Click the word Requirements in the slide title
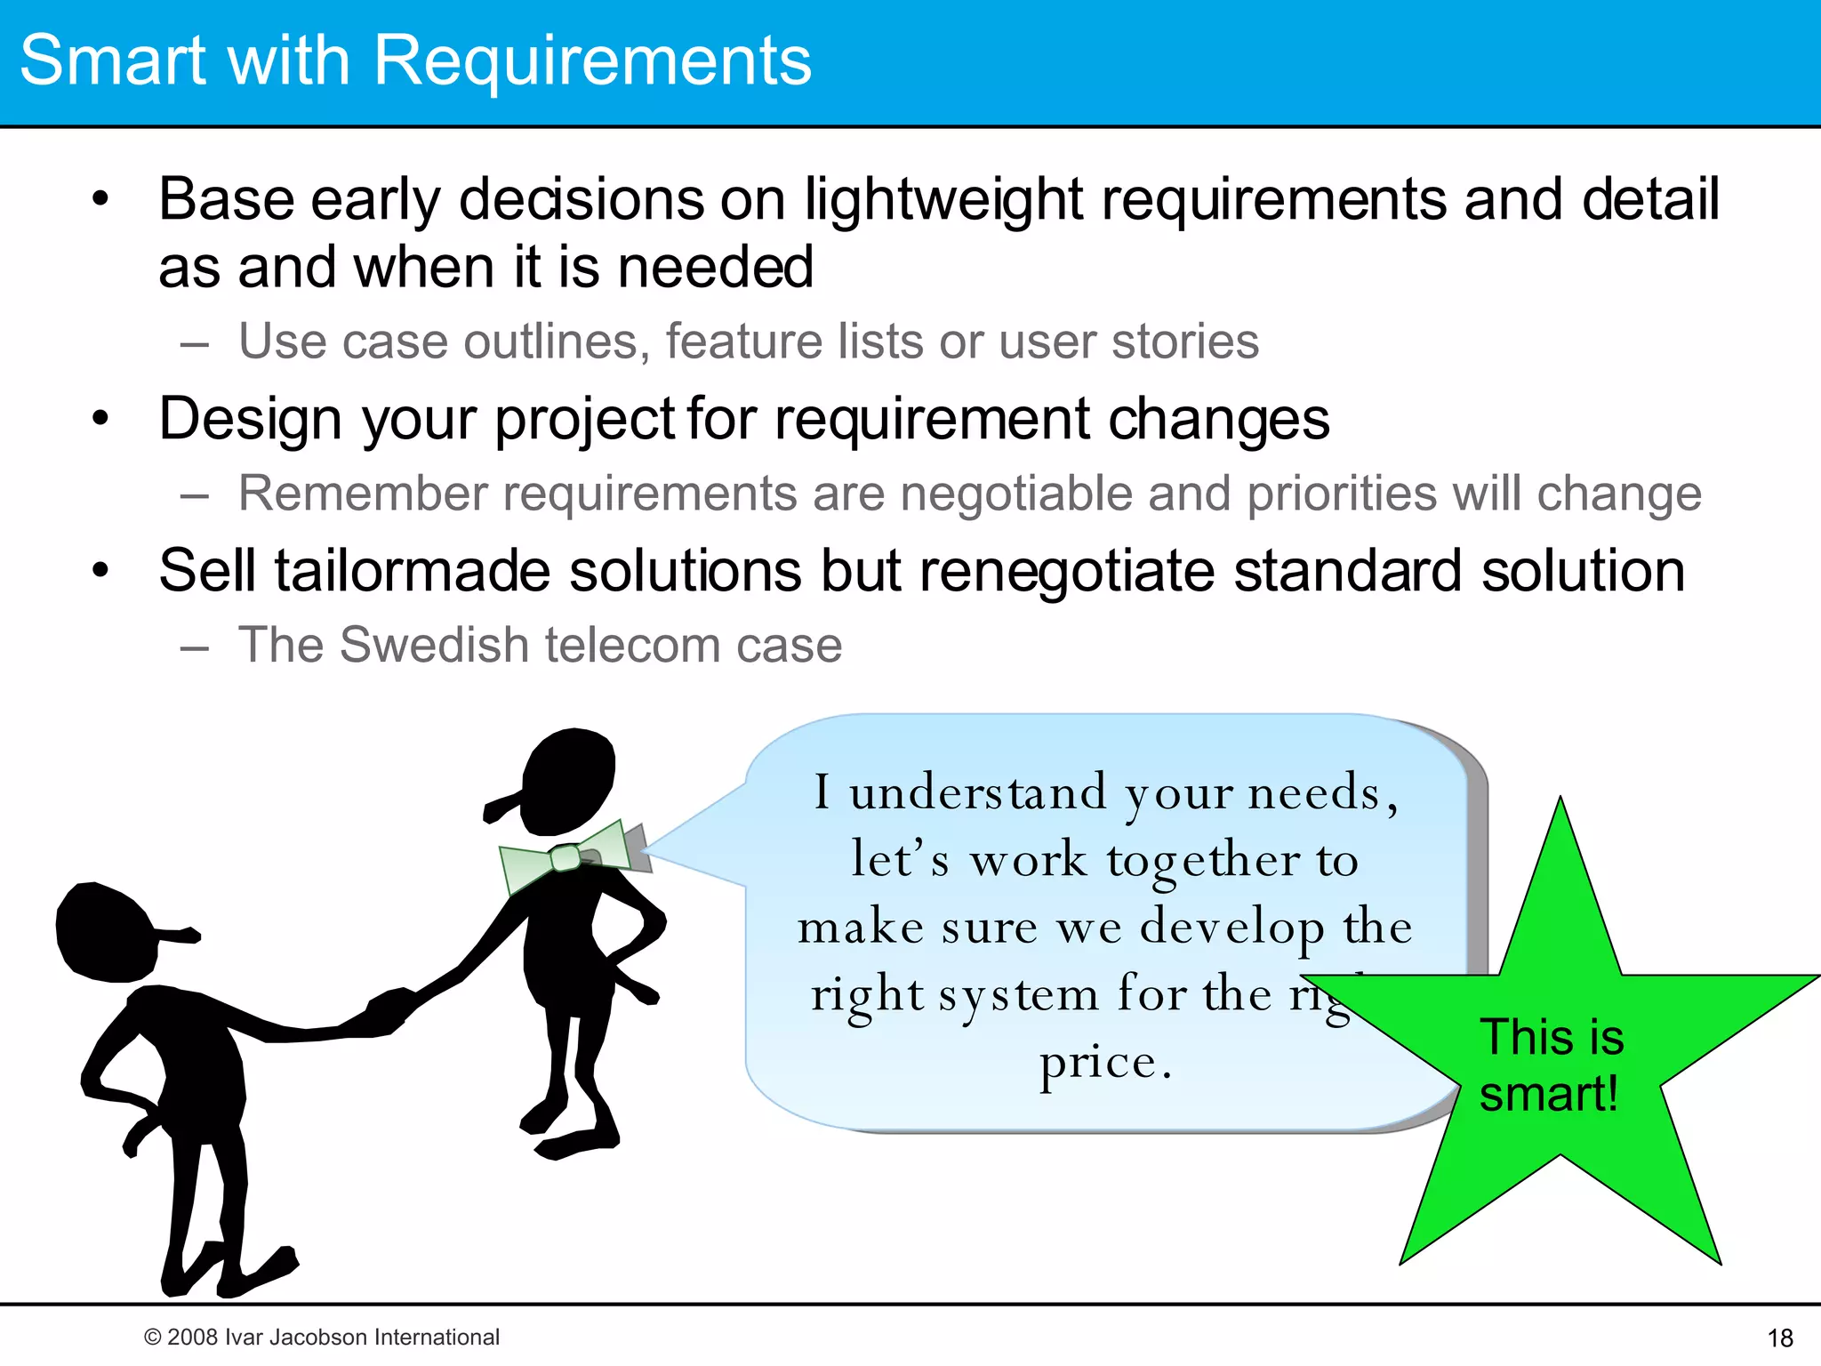point(592,60)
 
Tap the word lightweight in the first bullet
point(943,199)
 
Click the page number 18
point(1780,1338)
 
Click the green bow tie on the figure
point(564,857)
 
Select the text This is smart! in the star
point(1551,1065)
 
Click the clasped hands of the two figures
point(389,1010)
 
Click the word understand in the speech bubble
point(978,792)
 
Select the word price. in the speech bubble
point(1106,1062)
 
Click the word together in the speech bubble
point(1203,861)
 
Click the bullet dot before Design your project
point(100,418)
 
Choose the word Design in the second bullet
point(250,419)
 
